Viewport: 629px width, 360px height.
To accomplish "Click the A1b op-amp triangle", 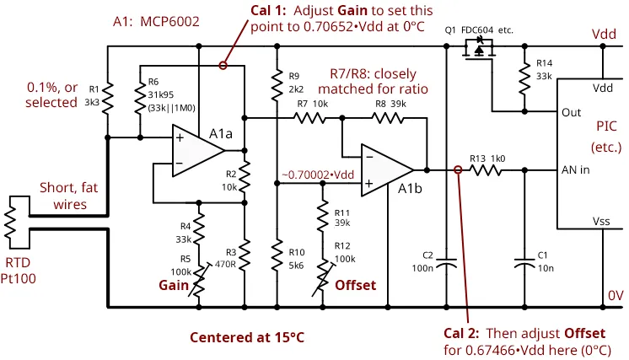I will pos(387,169).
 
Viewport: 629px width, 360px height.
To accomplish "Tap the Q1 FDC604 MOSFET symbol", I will pos(479,51).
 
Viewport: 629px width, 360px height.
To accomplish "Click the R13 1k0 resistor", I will pos(488,169).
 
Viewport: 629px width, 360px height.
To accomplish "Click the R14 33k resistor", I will pos(524,79).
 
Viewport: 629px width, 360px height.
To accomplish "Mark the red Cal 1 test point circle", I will pos(223,64).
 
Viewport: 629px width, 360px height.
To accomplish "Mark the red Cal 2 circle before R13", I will pos(457,169).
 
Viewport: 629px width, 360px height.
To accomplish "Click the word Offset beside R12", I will pos(356,285).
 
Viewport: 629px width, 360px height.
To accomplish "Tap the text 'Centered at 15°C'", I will pos(247,337).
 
